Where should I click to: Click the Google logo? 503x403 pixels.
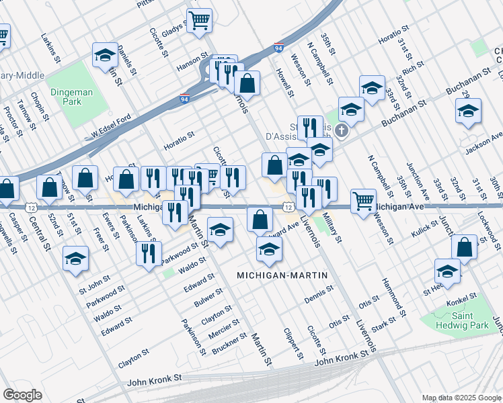point(22,395)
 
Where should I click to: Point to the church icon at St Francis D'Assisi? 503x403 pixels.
point(342,130)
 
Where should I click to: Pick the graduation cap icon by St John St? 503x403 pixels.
point(75,258)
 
